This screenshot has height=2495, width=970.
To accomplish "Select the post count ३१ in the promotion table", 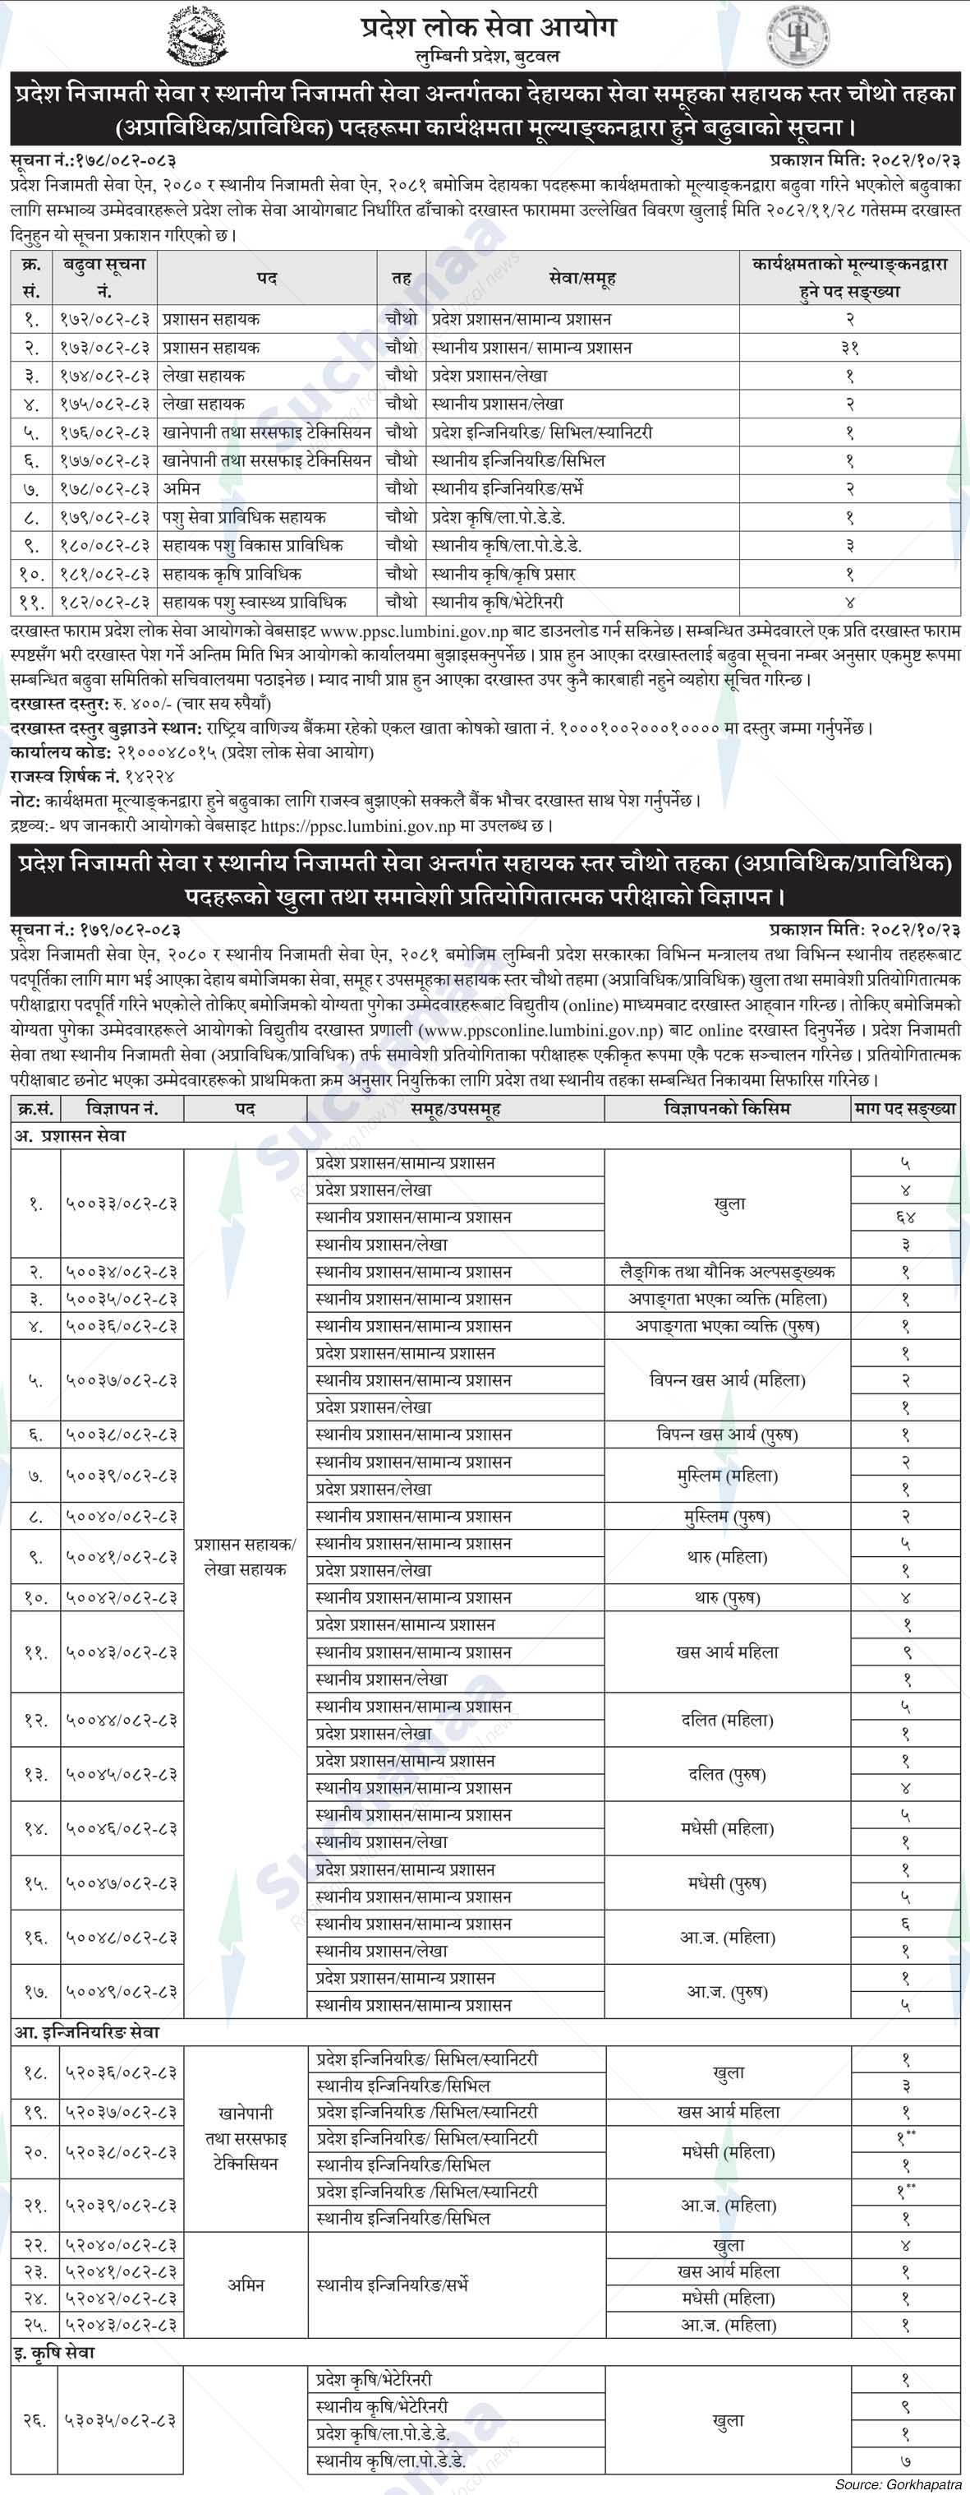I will click(849, 347).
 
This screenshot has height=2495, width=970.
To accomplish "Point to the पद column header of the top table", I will click(267, 278).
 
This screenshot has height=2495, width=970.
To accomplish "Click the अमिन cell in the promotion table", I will click(182, 488).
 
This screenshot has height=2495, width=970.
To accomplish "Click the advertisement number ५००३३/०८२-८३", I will click(122, 1203).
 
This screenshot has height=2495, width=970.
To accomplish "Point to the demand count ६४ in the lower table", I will click(905, 1217).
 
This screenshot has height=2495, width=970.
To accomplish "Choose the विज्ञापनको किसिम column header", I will click(727, 1108).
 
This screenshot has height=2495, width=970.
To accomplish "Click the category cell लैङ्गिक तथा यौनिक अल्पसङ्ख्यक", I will click(727, 1271).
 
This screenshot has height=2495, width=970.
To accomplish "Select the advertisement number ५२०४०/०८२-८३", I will click(122, 2244).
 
